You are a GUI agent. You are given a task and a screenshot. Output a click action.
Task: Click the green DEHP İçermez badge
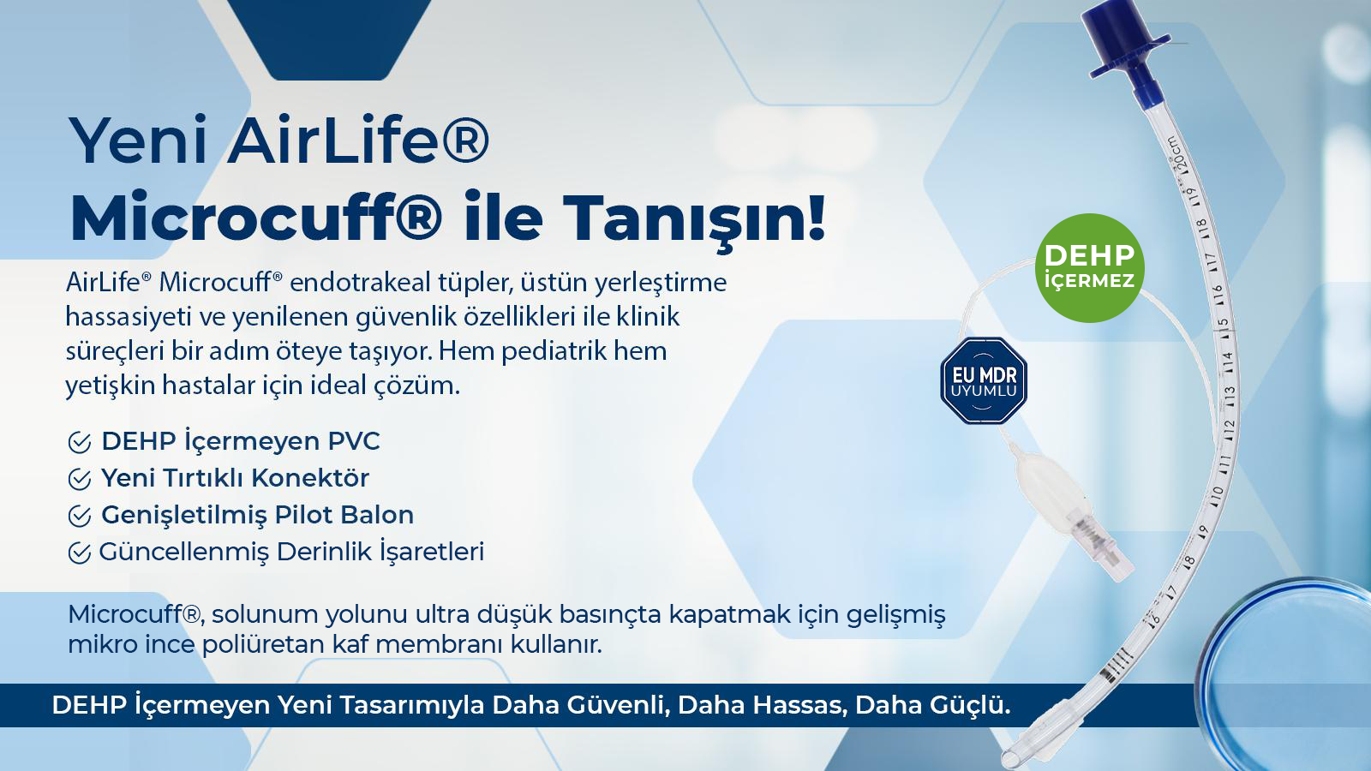pos(1089,267)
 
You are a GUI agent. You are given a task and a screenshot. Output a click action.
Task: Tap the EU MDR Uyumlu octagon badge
pos(983,381)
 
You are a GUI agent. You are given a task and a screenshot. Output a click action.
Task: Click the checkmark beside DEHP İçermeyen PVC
pos(79,443)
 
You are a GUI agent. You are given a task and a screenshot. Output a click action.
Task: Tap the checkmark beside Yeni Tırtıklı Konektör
pos(79,480)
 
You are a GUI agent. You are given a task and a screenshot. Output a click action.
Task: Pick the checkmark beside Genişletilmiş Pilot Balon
pos(79,517)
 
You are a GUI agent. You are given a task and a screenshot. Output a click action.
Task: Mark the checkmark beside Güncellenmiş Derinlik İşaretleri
pos(79,553)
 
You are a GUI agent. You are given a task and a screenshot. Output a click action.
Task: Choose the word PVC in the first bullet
pos(354,441)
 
